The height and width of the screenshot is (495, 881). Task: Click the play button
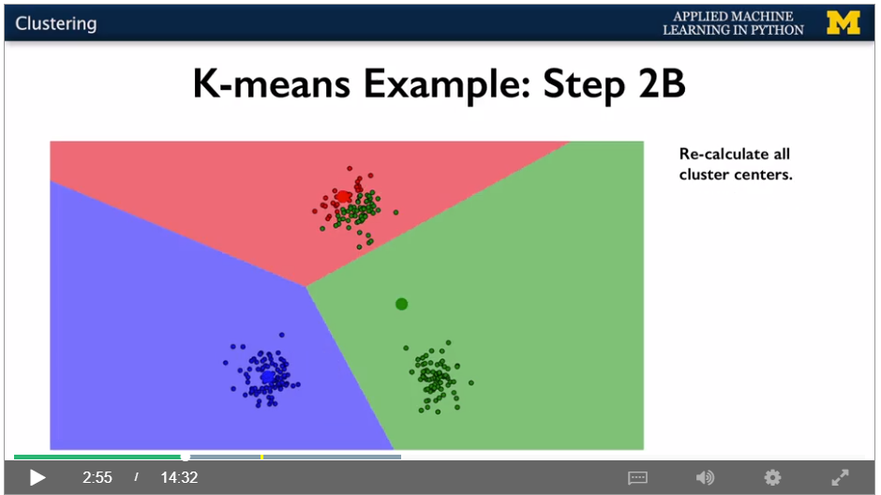pyautogui.click(x=37, y=477)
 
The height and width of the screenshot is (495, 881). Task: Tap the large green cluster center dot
pyautogui.click(x=401, y=304)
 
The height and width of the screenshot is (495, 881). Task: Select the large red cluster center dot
pyautogui.click(x=342, y=197)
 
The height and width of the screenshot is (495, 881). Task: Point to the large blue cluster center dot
pyautogui.click(x=267, y=377)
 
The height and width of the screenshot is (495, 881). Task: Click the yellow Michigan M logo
pyautogui.click(x=843, y=23)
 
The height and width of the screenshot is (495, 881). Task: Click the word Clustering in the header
pyautogui.click(x=55, y=23)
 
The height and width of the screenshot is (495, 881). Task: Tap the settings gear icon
pyautogui.click(x=772, y=477)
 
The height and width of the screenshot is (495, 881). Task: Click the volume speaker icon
pyautogui.click(x=705, y=477)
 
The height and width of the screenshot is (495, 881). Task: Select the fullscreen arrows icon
pyautogui.click(x=840, y=477)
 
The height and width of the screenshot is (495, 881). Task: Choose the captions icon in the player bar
pyautogui.click(x=637, y=477)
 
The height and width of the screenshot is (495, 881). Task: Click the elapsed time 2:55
pyautogui.click(x=97, y=477)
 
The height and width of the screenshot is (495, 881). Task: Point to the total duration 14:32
pyautogui.click(x=179, y=477)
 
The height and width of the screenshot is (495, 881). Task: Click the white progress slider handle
pyautogui.click(x=185, y=457)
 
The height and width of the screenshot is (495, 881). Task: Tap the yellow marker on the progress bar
pyautogui.click(x=261, y=457)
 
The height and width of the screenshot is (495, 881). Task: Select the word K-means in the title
pyautogui.click(x=272, y=83)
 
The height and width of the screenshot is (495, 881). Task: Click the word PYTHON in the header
pyautogui.click(x=777, y=30)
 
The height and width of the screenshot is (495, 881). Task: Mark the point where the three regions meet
pyautogui.click(x=306, y=287)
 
